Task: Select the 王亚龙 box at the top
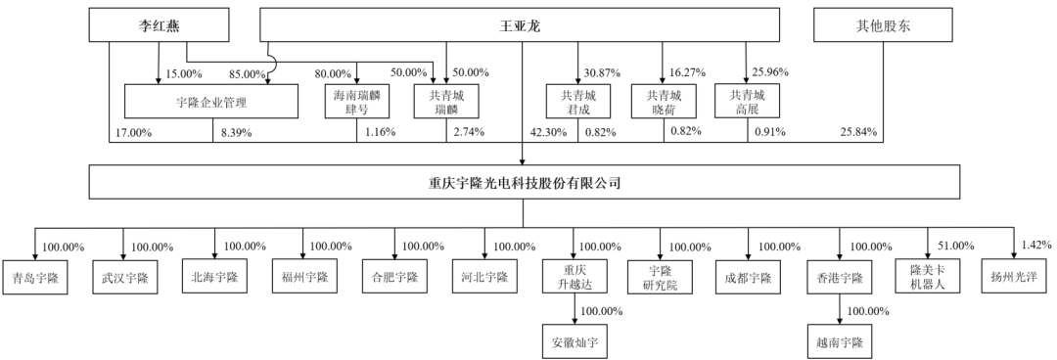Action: (520, 25)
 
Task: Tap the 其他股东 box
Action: (883, 25)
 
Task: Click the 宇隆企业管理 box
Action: (211, 102)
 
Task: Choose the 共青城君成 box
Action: (577, 102)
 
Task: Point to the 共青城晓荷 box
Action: (664, 102)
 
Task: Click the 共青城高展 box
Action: (747, 102)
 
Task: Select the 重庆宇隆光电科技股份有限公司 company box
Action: (523, 182)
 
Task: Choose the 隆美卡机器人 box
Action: (928, 277)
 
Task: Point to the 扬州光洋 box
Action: (1014, 277)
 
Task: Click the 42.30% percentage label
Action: (548, 133)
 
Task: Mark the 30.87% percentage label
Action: (603, 72)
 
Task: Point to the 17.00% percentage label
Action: (133, 133)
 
